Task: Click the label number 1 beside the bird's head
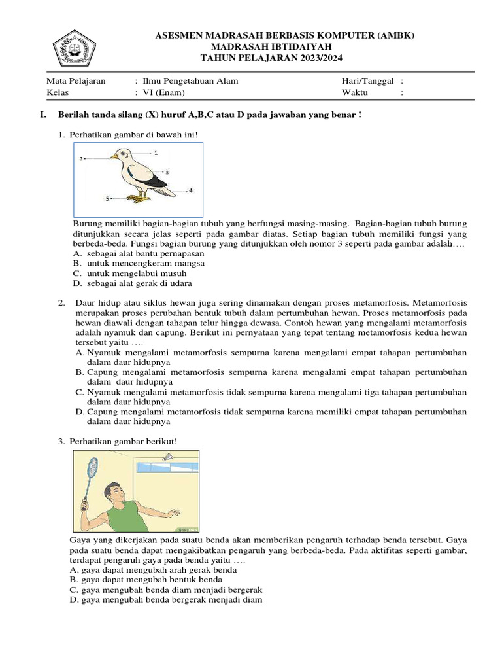click(x=156, y=152)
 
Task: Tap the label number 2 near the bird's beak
click(x=82, y=158)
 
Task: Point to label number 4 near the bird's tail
click(x=190, y=190)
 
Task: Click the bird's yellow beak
click(x=113, y=157)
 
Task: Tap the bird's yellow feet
click(x=135, y=196)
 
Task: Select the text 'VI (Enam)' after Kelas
click(x=159, y=93)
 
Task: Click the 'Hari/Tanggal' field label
click(x=367, y=81)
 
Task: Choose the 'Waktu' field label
click(x=355, y=93)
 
